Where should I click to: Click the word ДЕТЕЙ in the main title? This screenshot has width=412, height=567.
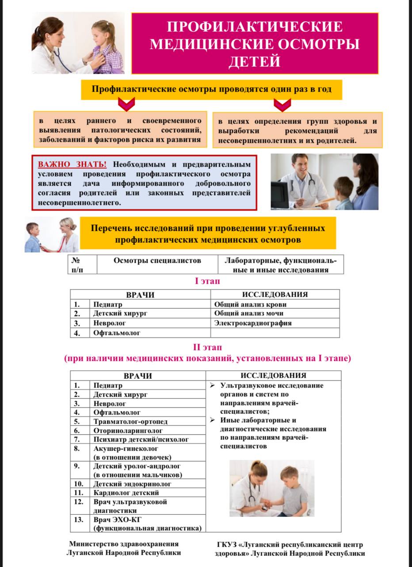pos(254,61)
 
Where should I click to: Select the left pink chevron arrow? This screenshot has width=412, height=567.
pos(126,105)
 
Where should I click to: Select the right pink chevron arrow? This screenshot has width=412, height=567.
pos(282,105)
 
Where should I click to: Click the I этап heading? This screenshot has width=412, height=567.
pos(207,281)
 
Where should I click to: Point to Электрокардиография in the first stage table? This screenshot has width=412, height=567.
pos(253,323)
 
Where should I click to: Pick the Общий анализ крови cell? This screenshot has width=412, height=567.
pos(250,304)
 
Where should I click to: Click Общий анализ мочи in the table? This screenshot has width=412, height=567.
pos(249,314)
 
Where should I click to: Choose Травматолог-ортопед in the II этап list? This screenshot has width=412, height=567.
pos(130,421)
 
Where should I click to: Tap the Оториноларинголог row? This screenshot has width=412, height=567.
pos(128,430)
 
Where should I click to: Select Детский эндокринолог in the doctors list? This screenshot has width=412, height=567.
pos(132,484)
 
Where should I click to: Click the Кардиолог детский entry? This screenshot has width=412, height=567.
pos(126,493)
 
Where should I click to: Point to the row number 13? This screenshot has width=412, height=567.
pos(79,520)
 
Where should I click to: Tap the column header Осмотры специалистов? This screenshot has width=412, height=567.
pos(157,260)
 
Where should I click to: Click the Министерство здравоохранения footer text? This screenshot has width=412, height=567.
pos(124,544)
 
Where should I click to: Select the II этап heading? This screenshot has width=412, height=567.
pos(207,347)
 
